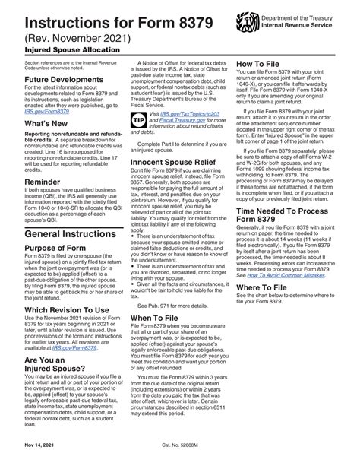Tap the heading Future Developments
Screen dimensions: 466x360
(x=46, y=78)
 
